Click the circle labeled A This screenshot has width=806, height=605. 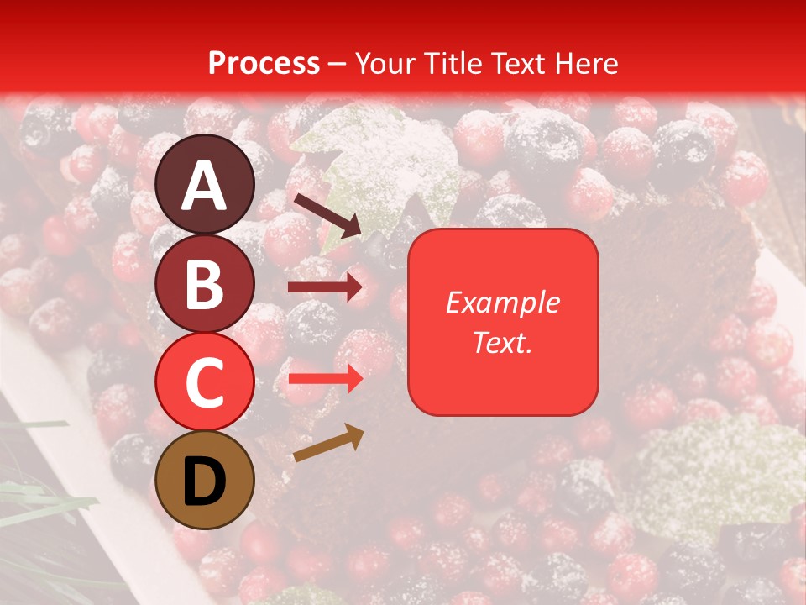pyautogui.click(x=205, y=184)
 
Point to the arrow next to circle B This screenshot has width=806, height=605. pyautogui.click(x=325, y=287)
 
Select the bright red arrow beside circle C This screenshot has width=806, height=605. pyautogui.click(x=325, y=380)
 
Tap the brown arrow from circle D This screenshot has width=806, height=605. pyautogui.click(x=328, y=443)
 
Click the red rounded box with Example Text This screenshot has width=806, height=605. pyautogui.click(x=503, y=322)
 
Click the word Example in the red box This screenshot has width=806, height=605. pyautogui.click(x=503, y=302)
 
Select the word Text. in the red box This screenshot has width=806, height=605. pyautogui.click(x=503, y=342)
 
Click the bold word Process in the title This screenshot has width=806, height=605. pyautogui.click(x=264, y=63)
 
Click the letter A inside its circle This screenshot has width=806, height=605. pyautogui.click(x=205, y=186)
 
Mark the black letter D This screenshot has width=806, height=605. pyautogui.click(x=205, y=481)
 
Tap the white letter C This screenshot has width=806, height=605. pyautogui.click(x=205, y=382)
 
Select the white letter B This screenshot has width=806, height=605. pyautogui.click(x=205, y=284)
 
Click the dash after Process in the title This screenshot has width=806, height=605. pyautogui.click(x=337, y=64)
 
